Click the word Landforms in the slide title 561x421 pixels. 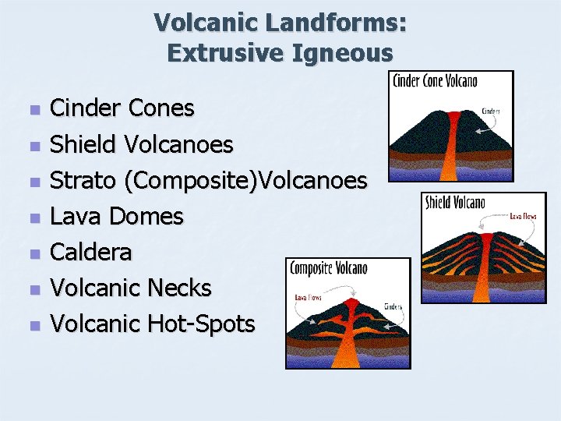point(333,23)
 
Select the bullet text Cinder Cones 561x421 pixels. point(122,108)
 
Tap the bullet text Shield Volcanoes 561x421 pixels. point(141,144)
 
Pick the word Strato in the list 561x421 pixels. point(83,180)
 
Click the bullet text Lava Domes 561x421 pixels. point(116,216)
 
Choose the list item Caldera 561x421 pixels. point(90,252)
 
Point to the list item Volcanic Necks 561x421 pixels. point(130,288)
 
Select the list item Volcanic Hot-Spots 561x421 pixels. point(152,324)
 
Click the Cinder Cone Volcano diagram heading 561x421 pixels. point(436,81)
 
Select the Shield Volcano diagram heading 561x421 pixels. point(455,203)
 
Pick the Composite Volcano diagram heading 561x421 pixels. point(329,269)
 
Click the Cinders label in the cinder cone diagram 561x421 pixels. point(490,111)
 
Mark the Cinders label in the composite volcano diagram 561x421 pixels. point(391,306)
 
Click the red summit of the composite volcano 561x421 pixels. point(350,303)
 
